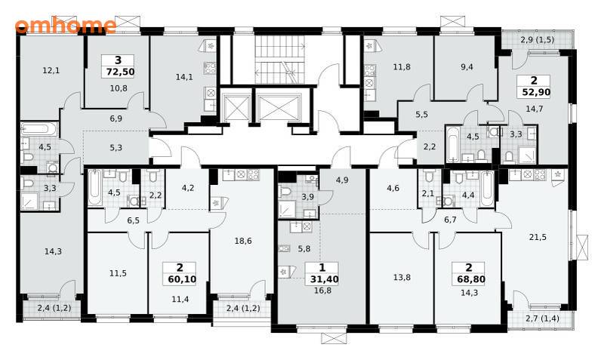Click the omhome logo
(x=66, y=26)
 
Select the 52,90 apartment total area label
(x=536, y=92)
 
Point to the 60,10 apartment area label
(x=182, y=279)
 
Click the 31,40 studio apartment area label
(x=325, y=279)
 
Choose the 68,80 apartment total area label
(x=471, y=279)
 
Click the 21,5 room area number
(x=538, y=237)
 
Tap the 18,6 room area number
(x=243, y=241)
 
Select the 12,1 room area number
(x=51, y=70)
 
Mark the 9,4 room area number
(x=467, y=67)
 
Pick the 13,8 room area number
(x=402, y=277)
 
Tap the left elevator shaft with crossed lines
(x=235, y=107)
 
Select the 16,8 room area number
(x=323, y=291)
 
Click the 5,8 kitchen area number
(x=304, y=249)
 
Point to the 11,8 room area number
(x=402, y=67)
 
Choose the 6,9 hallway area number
(x=116, y=119)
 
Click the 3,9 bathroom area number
(x=307, y=197)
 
